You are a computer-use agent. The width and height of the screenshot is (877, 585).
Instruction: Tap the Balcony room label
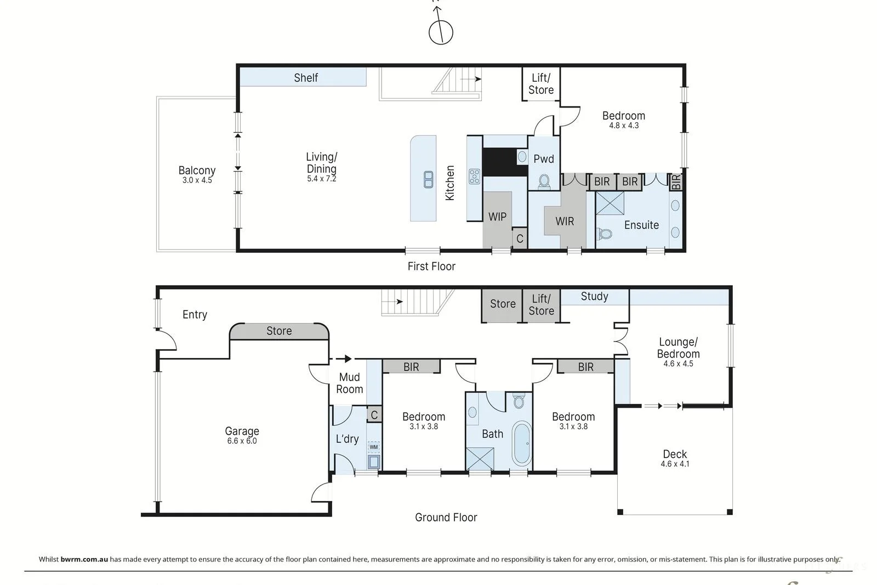tap(197, 171)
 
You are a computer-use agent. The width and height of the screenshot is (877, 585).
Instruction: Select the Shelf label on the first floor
tap(306, 77)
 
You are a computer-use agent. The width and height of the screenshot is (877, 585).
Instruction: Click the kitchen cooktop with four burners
tap(474, 176)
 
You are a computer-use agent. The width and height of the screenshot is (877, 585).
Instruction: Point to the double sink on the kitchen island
tap(428, 179)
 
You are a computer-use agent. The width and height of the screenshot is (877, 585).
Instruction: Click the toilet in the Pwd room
tap(544, 181)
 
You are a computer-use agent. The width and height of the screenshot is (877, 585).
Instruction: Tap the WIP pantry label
tap(497, 217)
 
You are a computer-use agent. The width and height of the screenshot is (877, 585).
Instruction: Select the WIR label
tap(565, 221)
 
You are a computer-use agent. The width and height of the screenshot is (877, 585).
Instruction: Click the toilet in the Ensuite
tap(605, 234)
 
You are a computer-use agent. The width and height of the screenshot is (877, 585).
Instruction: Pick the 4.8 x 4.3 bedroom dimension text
tap(624, 126)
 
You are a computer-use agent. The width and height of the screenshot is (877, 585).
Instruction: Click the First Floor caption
tap(431, 266)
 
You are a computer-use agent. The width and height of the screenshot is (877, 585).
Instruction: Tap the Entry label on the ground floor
tap(195, 314)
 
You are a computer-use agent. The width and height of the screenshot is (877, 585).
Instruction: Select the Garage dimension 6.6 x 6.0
tap(242, 441)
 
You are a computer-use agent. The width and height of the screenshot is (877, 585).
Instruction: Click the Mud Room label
tap(349, 383)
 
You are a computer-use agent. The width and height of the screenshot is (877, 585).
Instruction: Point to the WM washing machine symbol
tap(373, 447)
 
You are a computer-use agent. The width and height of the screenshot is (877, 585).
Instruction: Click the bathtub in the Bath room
tap(521, 444)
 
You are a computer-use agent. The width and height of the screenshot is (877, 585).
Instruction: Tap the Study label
tap(594, 297)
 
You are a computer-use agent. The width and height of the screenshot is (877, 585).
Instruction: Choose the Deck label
tap(675, 454)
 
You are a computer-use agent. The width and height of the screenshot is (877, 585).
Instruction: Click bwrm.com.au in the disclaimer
tap(84, 559)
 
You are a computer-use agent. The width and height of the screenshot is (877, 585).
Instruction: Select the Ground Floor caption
tap(446, 517)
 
